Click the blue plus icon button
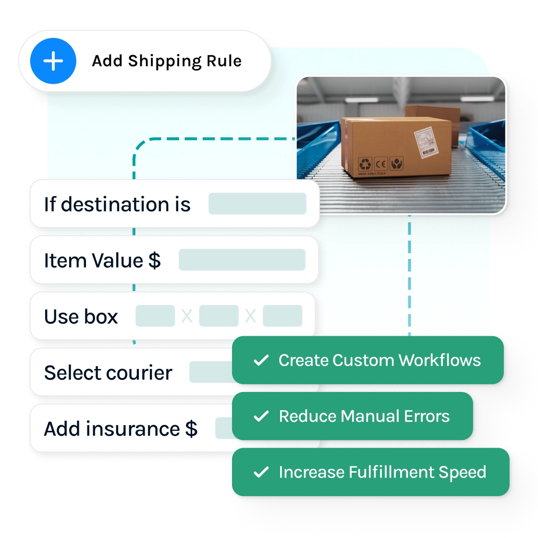point(53,61)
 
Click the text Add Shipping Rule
point(167,61)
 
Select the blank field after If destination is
point(257,204)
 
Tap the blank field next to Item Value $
point(242,260)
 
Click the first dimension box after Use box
point(155,316)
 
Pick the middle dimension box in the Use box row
point(219,316)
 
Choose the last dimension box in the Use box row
point(282,316)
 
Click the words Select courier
point(108,373)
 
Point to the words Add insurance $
point(121,428)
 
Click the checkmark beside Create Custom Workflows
point(261,360)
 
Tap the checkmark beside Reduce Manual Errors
point(261,416)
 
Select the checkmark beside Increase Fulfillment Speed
point(261,472)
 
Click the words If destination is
point(117,204)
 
